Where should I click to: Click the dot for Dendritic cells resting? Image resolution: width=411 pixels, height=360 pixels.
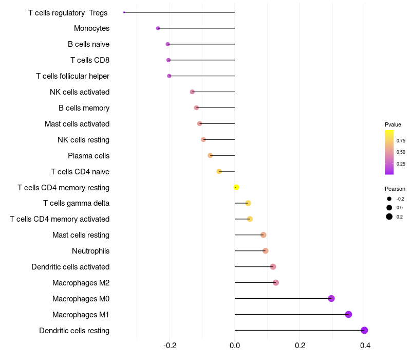tap(364, 330)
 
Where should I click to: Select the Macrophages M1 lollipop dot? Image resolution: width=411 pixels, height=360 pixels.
tap(348, 314)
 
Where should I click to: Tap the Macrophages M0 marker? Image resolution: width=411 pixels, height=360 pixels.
tap(331, 298)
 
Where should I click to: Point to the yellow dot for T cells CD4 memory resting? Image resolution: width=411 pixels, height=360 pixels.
tap(236, 187)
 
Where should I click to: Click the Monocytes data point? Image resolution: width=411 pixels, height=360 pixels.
tap(158, 28)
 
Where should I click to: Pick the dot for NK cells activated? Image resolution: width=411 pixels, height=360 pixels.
tap(192, 92)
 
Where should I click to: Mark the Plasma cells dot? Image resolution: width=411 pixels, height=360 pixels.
tap(210, 155)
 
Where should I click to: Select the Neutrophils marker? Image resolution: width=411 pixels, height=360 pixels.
tap(265, 251)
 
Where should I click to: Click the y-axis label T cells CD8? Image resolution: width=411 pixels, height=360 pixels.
tap(90, 60)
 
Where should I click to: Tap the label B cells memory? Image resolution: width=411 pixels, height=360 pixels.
tap(84, 108)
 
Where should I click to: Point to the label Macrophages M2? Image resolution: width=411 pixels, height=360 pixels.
tap(81, 283)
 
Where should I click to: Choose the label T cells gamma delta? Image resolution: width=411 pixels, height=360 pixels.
tap(76, 203)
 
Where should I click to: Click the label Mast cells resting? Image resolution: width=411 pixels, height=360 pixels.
tap(81, 235)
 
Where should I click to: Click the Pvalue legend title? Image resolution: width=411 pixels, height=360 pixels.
tap(393, 124)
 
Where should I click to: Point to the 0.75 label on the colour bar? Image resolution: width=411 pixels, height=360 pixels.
tap(401, 140)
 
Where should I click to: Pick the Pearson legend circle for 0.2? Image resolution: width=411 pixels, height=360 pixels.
tap(389, 217)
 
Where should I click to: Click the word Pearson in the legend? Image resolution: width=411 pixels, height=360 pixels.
tap(395, 189)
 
